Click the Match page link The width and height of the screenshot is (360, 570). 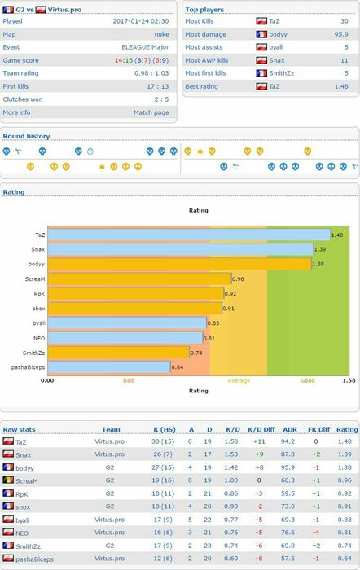pos(151,112)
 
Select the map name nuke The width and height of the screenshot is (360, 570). pos(161,34)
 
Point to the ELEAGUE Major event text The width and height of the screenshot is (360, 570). pos(145,47)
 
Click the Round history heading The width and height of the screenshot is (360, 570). pos(26,136)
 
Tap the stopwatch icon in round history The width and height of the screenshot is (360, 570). pos(90,151)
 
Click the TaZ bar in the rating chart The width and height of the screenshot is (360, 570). pos(189,235)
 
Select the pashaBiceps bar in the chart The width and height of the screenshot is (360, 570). pos(109,366)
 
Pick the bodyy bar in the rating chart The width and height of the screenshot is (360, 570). pos(180,264)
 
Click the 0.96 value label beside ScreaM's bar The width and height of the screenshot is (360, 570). pos(238,279)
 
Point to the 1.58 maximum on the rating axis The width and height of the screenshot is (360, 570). pos(349,380)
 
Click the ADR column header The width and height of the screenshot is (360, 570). pos(290,429)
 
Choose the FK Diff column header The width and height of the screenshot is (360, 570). pos(318,429)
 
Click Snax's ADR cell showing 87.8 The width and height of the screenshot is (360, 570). pos(288,454)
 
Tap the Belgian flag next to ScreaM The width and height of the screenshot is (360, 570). pos(8,480)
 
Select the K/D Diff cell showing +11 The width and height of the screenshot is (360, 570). pos(259,441)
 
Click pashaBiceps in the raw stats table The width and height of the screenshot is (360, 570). pos(34,559)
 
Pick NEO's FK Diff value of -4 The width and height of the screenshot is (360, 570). pos(316,533)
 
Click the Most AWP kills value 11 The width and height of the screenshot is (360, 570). pos(344,60)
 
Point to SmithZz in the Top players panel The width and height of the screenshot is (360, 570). pos(282,73)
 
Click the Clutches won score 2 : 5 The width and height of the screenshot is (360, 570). pos(161,99)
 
